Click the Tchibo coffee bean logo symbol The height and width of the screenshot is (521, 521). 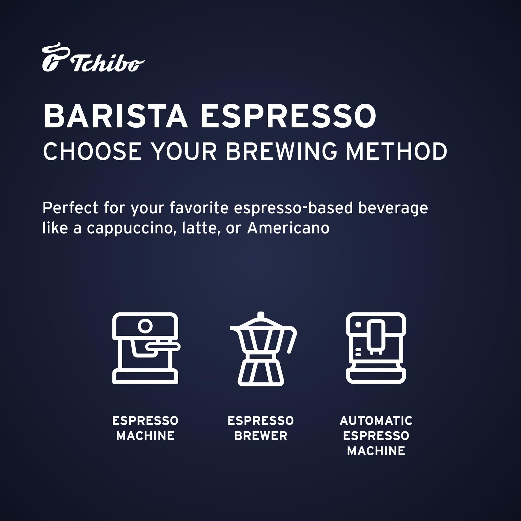[55, 57]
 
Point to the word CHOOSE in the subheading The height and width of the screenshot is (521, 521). [92, 152]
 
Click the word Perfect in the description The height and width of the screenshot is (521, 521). [70, 208]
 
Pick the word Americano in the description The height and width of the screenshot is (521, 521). [288, 228]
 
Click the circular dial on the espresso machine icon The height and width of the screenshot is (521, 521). [145, 326]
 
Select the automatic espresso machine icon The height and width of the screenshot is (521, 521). [376, 348]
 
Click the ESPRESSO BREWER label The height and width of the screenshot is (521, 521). [261, 428]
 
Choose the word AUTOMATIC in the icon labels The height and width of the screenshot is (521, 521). [376, 421]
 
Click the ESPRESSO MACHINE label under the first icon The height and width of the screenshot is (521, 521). [145, 428]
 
